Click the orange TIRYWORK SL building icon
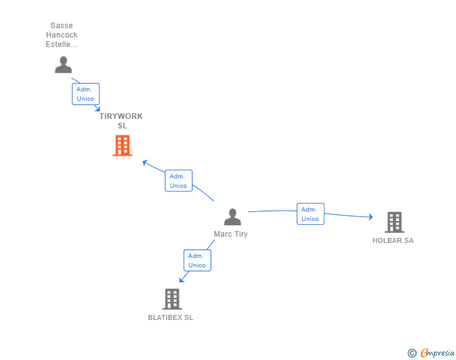click(122, 146)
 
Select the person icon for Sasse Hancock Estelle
click(63, 64)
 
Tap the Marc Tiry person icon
click(232, 217)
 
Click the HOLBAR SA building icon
click(394, 222)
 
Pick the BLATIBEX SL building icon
click(172, 299)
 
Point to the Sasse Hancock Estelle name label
click(62, 35)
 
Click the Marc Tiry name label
click(231, 234)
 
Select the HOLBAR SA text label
click(393, 240)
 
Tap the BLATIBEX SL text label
click(170, 317)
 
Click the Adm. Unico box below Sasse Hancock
click(85, 94)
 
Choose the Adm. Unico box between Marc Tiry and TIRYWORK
click(178, 181)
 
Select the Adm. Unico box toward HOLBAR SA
click(310, 214)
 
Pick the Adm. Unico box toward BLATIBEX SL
click(197, 260)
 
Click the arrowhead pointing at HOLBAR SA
click(370, 217)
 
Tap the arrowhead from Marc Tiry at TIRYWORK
click(145, 163)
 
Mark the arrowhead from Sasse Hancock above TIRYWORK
click(97, 109)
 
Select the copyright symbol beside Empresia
click(412, 353)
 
